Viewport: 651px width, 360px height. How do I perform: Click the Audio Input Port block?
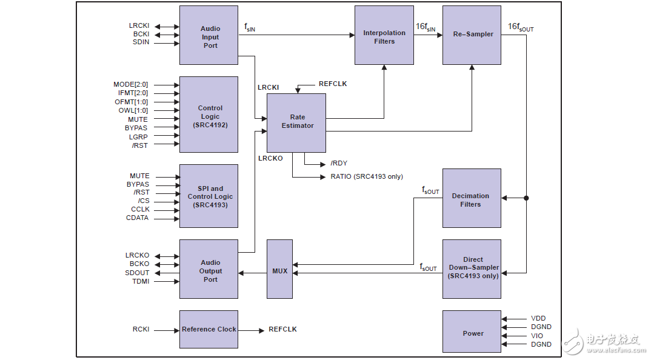tap(209, 35)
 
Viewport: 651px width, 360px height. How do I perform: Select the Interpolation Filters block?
tap(384, 35)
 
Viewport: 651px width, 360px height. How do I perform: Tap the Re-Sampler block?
tap(472, 35)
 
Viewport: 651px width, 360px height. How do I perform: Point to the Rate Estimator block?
tap(296, 123)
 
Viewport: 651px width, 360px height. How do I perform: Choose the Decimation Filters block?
tap(472, 198)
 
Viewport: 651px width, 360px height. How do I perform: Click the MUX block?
tap(279, 269)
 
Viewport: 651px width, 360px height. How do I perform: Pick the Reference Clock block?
tap(209, 329)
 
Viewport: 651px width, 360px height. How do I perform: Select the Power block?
tap(472, 332)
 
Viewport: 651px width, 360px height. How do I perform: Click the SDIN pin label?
tap(141, 42)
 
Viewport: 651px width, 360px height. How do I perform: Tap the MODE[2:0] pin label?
tap(130, 85)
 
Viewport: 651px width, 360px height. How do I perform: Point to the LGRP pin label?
tap(138, 137)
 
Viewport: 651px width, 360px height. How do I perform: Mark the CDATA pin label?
tap(137, 218)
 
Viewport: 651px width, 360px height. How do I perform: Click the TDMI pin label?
tap(141, 281)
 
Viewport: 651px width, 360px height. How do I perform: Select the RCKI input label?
tap(141, 330)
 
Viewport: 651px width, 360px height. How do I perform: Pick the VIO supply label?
tap(537, 336)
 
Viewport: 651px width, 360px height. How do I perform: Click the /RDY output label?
tap(339, 164)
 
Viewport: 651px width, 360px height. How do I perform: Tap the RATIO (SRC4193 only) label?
tap(367, 177)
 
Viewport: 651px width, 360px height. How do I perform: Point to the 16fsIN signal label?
tap(425, 27)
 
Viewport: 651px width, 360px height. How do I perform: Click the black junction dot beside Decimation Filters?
tap(526, 198)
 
